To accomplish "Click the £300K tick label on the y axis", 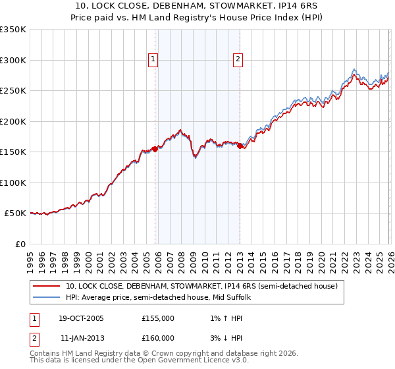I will click(x=13, y=60).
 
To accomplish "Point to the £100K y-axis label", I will click(x=13, y=183).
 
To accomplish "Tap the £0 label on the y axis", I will click(x=20, y=244).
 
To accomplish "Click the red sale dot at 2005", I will click(x=155, y=149).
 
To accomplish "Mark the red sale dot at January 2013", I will click(x=240, y=146).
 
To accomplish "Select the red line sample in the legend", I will click(x=47, y=286).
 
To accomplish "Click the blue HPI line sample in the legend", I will click(x=47, y=297).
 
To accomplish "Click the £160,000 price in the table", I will click(x=158, y=337).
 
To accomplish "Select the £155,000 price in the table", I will click(x=158, y=318).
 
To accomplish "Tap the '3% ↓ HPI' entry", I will click(x=222, y=337).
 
